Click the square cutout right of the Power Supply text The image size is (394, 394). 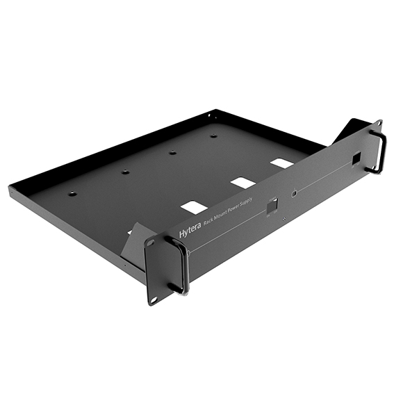(272, 206)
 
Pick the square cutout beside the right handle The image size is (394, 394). (356, 159)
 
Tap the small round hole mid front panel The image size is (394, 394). (295, 192)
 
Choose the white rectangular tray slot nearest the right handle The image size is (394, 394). (281, 163)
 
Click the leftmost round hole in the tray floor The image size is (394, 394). (72, 193)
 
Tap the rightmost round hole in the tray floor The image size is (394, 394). (213, 136)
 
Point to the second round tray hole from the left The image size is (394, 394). (125, 172)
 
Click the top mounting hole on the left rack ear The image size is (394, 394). (151, 244)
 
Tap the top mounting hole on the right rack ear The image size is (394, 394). (377, 124)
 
